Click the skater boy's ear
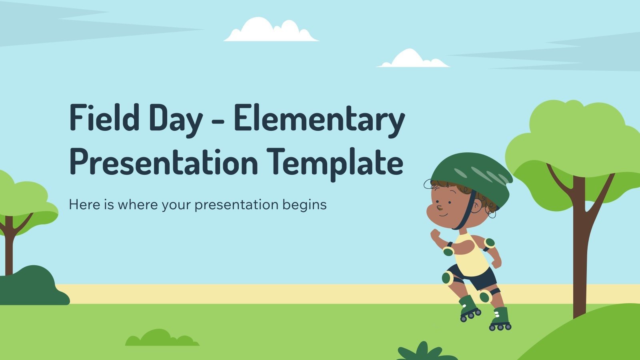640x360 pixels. (x=477, y=206)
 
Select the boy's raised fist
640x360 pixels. (x=435, y=234)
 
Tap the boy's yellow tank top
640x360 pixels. (x=472, y=254)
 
